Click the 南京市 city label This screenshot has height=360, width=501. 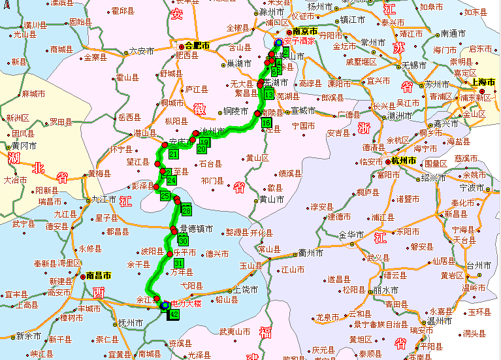tap(305, 31)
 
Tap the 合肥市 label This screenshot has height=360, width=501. tap(197, 46)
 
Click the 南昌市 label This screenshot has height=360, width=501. tap(99, 276)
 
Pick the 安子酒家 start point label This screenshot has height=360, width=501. tap(300, 41)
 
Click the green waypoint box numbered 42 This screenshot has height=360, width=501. tap(174, 314)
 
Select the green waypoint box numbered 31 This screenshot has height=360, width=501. tap(178, 263)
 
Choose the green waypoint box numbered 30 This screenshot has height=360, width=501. tap(183, 240)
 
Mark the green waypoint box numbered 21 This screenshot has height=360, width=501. tap(174, 154)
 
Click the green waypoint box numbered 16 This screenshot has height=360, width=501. tap(266, 123)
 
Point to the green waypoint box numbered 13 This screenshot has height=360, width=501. tap(269, 95)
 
